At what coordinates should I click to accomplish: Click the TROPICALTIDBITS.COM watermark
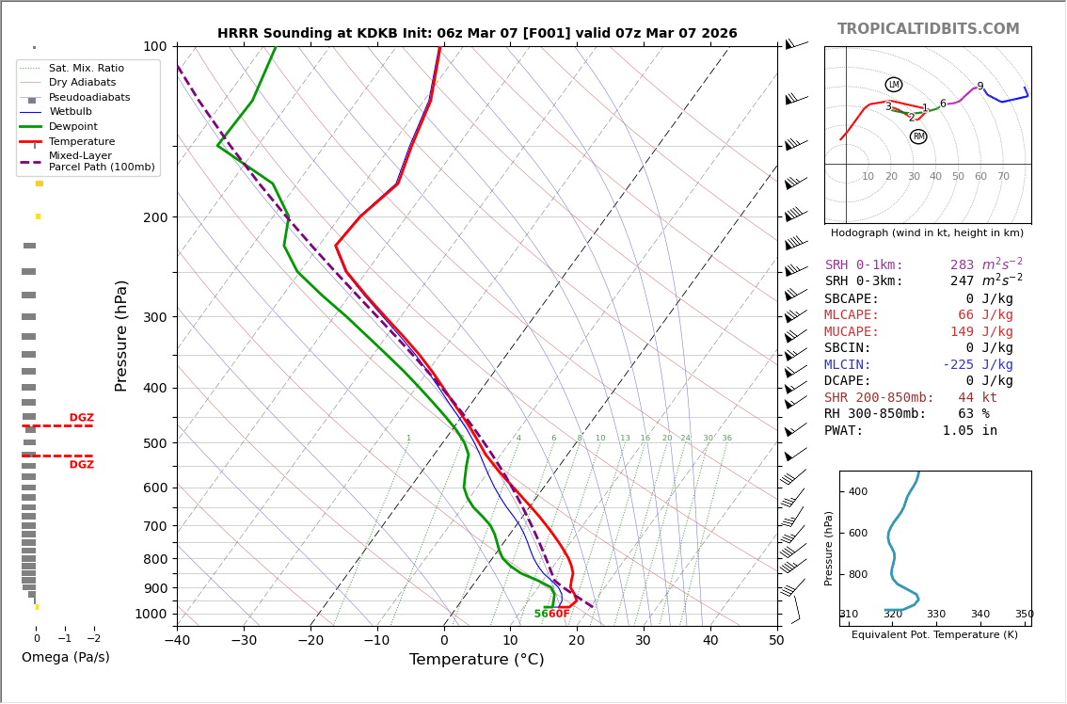[x=928, y=29]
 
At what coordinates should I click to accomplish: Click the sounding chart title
[x=477, y=34]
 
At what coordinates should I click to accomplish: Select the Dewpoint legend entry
[x=73, y=127]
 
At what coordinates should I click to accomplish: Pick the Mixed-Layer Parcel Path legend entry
[x=102, y=161]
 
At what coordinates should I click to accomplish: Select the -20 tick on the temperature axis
[x=311, y=642]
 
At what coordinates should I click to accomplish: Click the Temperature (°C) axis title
[x=476, y=660]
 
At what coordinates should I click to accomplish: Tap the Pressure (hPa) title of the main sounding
[x=122, y=335]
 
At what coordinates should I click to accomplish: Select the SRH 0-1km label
[x=864, y=265]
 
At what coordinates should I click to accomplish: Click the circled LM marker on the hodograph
[x=894, y=85]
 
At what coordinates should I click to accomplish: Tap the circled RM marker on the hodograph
[x=918, y=136]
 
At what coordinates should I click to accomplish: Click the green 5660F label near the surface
[x=551, y=614]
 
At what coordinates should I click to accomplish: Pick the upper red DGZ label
[x=81, y=418]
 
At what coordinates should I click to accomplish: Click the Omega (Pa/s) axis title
[x=65, y=657]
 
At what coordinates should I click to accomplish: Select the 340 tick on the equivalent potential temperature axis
[x=979, y=615]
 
